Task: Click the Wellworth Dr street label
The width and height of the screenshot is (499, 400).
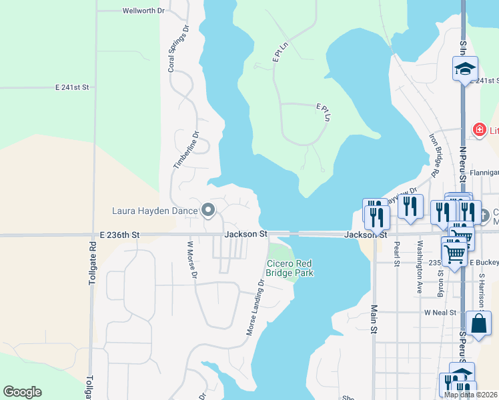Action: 143,11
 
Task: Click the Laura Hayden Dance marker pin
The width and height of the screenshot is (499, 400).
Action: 207,211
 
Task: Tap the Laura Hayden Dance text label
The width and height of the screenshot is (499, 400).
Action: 155,211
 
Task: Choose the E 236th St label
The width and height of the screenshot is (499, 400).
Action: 120,235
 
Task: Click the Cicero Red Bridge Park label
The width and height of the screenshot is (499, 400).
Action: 290,268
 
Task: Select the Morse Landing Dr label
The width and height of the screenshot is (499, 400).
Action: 257,307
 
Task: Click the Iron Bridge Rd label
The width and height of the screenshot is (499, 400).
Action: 434,155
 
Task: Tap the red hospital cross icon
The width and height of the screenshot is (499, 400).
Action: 478,129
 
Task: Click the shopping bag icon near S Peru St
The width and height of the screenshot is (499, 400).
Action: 478,323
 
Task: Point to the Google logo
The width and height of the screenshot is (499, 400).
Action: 22,392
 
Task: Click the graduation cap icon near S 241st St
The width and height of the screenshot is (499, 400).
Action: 464,69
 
